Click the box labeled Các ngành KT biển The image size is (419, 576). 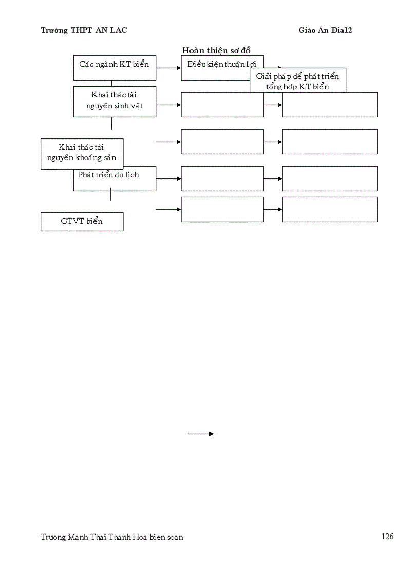(x=115, y=68)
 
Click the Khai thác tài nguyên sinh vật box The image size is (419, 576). (x=115, y=101)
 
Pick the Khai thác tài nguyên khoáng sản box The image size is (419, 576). (x=82, y=153)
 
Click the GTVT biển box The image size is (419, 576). (x=82, y=222)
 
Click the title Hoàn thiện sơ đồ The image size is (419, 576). (x=216, y=50)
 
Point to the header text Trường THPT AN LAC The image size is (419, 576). (x=84, y=30)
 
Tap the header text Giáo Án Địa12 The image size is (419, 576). (x=326, y=30)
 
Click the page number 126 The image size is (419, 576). (x=387, y=537)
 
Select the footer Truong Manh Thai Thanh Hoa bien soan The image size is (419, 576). (x=111, y=537)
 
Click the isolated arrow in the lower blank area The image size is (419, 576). (x=201, y=434)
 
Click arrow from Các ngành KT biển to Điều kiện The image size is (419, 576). (x=168, y=68)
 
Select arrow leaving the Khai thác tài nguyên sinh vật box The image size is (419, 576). (x=168, y=105)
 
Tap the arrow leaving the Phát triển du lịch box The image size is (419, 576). (x=168, y=178)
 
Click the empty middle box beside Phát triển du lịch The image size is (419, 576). (x=222, y=178)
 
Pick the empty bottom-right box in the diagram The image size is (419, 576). (x=330, y=209)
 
